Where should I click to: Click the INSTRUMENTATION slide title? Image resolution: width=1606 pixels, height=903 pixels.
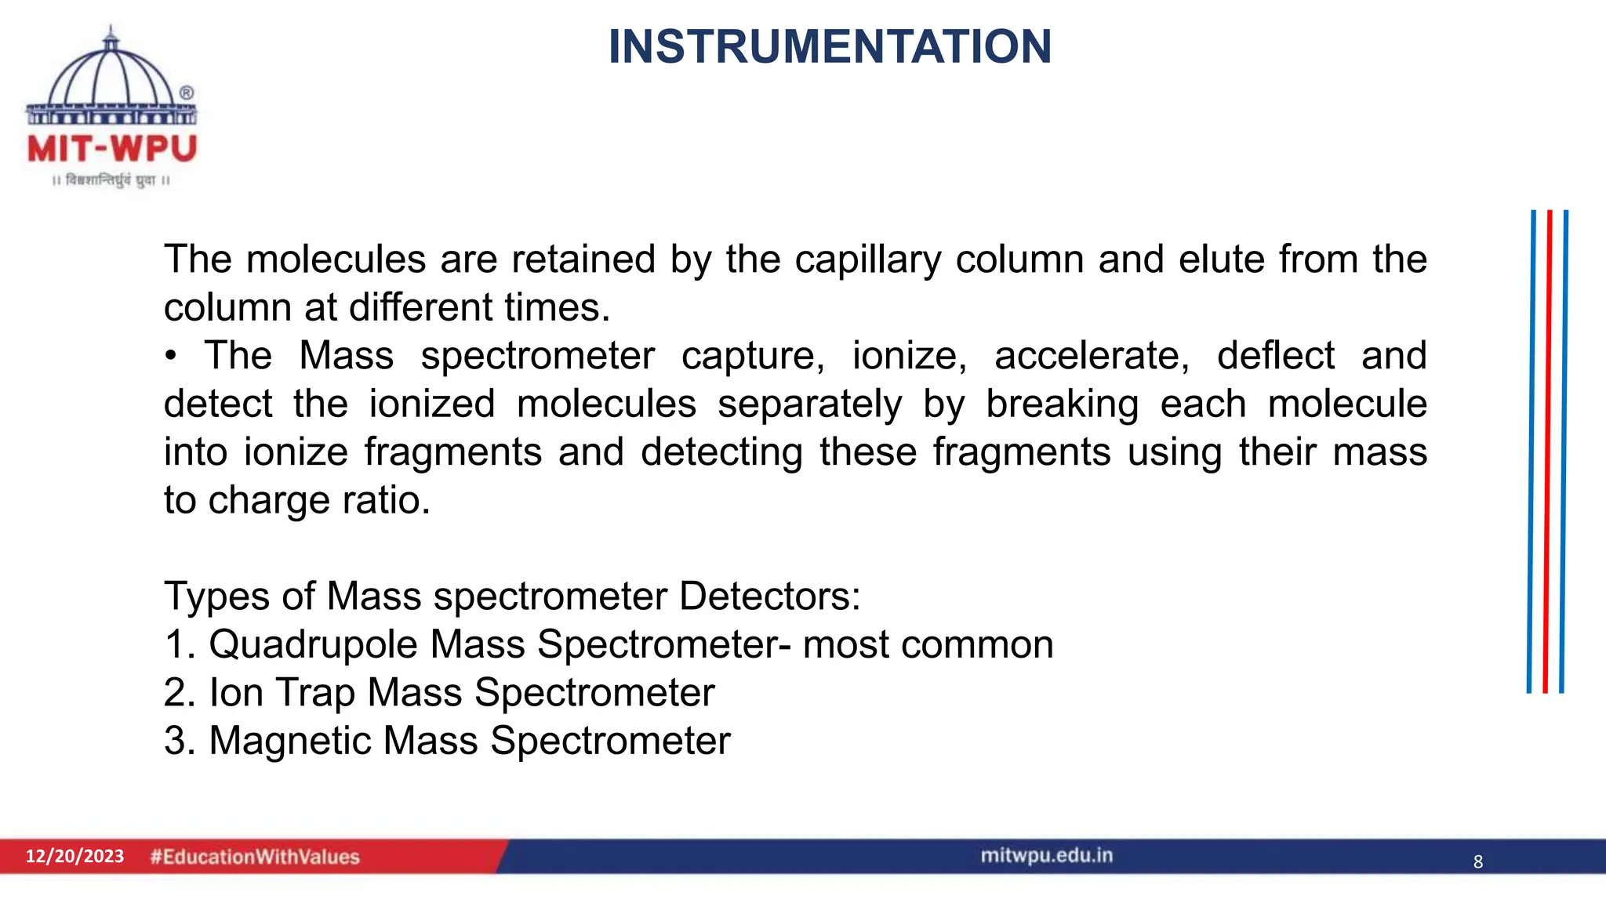click(830, 47)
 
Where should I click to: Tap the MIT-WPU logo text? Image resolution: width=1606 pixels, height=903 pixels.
click(112, 149)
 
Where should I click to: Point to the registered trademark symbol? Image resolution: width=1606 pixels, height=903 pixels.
click(187, 92)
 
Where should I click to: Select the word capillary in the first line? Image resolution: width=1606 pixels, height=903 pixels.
click(867, 260)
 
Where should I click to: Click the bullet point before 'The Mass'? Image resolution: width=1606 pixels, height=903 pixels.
click(171, 357)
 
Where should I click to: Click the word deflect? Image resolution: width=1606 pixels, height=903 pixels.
click(1275, 356)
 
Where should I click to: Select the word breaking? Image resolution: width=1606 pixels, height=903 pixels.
click(1062, 404)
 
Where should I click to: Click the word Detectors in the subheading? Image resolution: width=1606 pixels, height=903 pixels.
click(769, 597)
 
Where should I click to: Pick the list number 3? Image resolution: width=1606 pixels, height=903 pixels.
click(180, 742)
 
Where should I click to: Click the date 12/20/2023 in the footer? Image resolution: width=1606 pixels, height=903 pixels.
click(74, 856)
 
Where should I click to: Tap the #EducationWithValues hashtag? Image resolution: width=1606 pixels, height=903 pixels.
click(255, 857)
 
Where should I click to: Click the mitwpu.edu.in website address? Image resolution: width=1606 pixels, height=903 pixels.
click(1046, 855)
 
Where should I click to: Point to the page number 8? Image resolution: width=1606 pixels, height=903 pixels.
click(1478, 861)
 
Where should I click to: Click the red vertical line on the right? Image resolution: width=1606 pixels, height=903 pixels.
click(1548, 451)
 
